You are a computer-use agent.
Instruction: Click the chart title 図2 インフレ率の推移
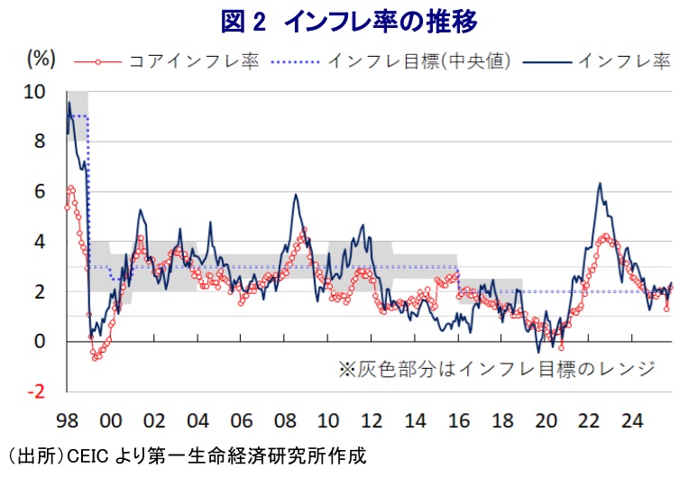[x=347, y=20]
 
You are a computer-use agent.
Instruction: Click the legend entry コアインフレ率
[x=195, y=61]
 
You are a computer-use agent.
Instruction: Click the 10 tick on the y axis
[x=34, y=91]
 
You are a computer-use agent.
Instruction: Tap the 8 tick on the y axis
[x=39, y=141]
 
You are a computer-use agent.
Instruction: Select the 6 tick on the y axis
[x=39, y=191]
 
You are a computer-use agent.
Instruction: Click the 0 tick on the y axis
[x=39, y=342]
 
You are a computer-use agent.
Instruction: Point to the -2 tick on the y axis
[x=34, y=392]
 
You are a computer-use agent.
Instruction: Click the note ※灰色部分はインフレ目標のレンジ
[x=496, y=368]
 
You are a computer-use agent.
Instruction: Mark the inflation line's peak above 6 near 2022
[x=600, y=183]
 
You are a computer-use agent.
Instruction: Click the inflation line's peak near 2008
[x=296, y=195]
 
